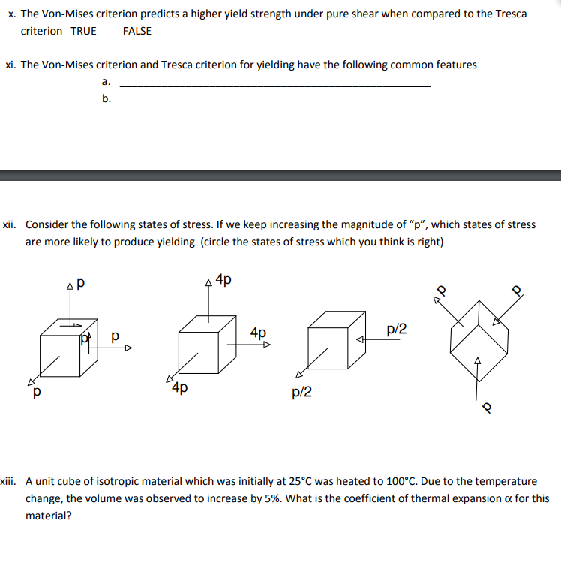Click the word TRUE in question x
tap(83, 31)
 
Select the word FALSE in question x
tap(136, 31)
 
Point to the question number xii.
tap(10, 224)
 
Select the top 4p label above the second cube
tap(223, 281)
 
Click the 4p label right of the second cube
tap(258, 332)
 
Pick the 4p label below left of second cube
tap(179, 388)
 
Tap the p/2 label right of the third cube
tap(396, 329)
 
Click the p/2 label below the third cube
tap(302, 391)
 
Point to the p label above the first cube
tap(80, 285)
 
